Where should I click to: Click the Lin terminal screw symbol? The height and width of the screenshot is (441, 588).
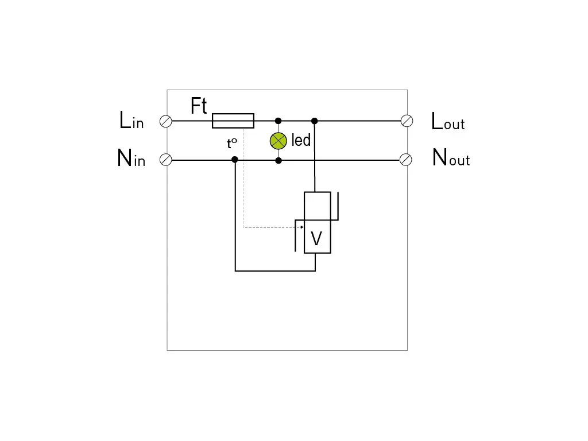pyautogui.click(x=166, y=121)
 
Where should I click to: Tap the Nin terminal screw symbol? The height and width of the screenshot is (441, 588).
pyautogui.click(x=166, y=160)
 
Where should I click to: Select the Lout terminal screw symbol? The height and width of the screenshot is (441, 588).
pyautogui.click(x=407, y=121)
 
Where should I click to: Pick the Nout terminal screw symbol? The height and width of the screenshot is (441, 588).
pyautogui.click(x=406, y=160)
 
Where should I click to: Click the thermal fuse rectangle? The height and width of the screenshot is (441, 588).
pyautogui.click(x=233, y=121)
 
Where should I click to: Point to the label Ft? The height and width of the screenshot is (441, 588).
pyautogui.click(x=199, y=106)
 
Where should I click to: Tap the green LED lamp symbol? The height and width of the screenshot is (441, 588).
pyautogui.click(x=278, y=140)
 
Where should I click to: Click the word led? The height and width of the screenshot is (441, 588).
pyautogui.click(x=301, y=140)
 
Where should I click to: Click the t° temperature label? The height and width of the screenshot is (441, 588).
pyautogui.click(x=232, y=144)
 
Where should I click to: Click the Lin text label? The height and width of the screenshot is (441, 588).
pyautogui.click(x=131, y=121)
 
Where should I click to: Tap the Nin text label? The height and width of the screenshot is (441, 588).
pyautogui.click(x=131, y=158)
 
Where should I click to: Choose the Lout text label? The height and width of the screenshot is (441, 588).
pyautogui.click(x=448, y=121)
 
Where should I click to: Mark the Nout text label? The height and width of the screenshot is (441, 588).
pyautogui.click(x=451, y=158)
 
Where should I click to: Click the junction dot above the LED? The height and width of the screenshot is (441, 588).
pyautogui.click(x=278, y=121)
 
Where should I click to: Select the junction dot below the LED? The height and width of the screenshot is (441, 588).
pyautogui.click(x=278, y=160)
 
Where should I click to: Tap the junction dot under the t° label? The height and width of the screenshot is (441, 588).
pyautogui.click(x=235, y=160)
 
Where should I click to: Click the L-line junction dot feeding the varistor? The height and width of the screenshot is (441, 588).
pyautogui.click(x=314, y=121)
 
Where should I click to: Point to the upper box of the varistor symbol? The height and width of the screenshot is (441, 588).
pyautogui.click(x=317, y=206)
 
